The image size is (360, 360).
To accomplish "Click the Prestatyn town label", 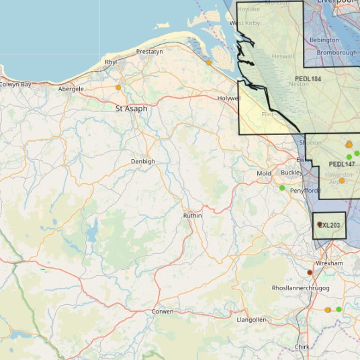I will [149, 52].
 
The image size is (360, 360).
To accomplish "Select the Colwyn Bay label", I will [15, 85].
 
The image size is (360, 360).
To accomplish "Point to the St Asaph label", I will [131, 108].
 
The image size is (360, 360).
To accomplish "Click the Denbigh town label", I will [142, 161].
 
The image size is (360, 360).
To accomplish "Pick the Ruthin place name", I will [192, 216].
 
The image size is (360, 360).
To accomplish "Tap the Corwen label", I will [163, 312].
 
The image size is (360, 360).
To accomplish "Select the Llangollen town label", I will [252, 320].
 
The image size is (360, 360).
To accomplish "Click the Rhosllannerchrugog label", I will [301, 287].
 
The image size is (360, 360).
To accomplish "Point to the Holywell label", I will [228, 98].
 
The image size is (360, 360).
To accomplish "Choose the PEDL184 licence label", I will [308, 79].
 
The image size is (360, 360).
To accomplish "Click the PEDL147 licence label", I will [342, 164].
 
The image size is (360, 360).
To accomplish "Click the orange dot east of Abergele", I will [118, 87].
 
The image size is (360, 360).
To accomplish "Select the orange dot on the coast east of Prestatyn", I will [209, 62].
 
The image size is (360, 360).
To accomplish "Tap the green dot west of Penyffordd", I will [282, 188].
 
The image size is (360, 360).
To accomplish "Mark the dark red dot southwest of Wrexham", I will [310, 273].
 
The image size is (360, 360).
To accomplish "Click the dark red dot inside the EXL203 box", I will [320, 224].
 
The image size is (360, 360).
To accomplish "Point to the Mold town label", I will [264, 174].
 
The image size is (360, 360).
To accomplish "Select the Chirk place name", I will [302, 347].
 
